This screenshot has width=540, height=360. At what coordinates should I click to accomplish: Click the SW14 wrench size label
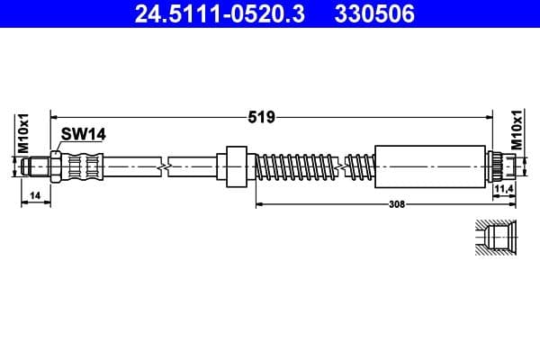point(84,134)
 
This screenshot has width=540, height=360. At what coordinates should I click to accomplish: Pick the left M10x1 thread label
point(25,132)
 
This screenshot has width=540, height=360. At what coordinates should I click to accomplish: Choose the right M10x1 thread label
point(517,132)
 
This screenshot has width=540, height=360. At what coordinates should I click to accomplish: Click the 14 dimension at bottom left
point(34,195)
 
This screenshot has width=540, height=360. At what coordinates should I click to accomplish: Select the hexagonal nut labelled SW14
point(57,166)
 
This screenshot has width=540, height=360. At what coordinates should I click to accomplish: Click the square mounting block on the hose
point(234,166)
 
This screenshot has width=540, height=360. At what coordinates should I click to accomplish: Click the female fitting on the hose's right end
point(501,166)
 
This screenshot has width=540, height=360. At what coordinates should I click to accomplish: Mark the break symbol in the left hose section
point(163,166)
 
